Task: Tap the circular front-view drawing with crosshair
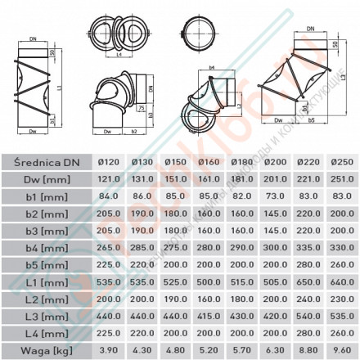tap(201, 36)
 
